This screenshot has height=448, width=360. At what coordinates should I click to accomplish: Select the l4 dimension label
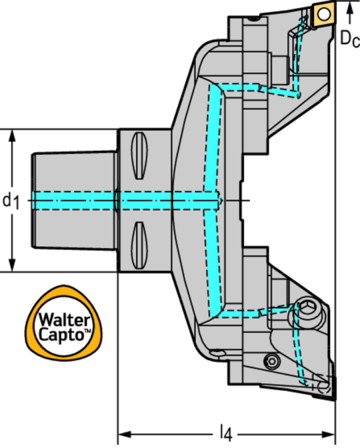pyautogui.click(x=225, y=432)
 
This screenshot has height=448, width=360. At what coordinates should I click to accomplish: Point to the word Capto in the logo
pyautogui.click(x=59, y=335)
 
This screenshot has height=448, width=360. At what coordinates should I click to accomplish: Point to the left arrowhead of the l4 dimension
pyautogui.click(x=123, y=433)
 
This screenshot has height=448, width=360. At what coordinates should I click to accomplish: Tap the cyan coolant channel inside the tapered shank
pyautogui.click(x=73, y=199)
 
